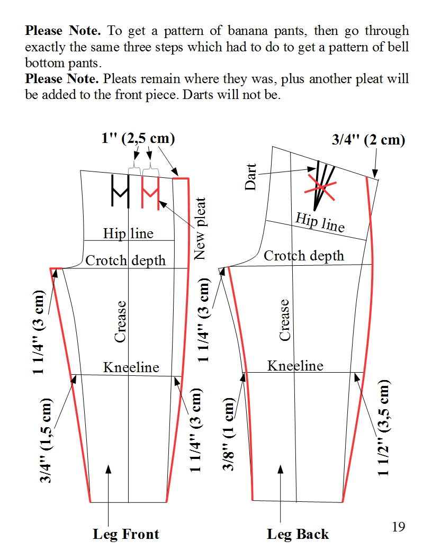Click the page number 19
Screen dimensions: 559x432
[399, 527]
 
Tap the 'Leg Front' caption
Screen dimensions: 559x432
[126, 534]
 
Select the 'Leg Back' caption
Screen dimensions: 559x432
[298, 535]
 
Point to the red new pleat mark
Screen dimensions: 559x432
[151, 192]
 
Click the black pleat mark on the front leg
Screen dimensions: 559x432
[121, 191]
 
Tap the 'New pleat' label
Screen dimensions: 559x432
[200, 229]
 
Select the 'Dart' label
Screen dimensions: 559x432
[251, 177]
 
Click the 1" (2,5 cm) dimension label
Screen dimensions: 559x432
[138, 139]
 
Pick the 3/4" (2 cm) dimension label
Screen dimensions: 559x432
[368, 140]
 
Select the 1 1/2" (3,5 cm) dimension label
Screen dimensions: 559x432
[384, 427]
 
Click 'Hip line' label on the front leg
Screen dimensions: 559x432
[128, 233]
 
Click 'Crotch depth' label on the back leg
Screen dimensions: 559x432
[304, 256]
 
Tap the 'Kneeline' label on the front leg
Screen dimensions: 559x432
[131, 367]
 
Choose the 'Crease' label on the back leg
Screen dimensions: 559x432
[285, 320]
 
